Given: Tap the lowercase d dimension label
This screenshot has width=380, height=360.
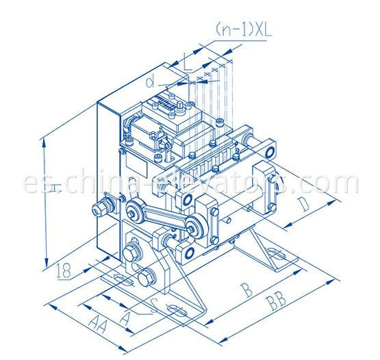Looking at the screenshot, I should [150, 83].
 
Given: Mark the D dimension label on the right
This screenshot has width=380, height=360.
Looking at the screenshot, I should [305, 205].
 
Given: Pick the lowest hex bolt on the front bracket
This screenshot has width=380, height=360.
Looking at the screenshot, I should [145, 279].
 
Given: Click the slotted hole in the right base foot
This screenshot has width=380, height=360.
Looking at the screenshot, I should [278, 259].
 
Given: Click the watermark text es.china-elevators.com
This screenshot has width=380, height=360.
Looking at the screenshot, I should [190, 183].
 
